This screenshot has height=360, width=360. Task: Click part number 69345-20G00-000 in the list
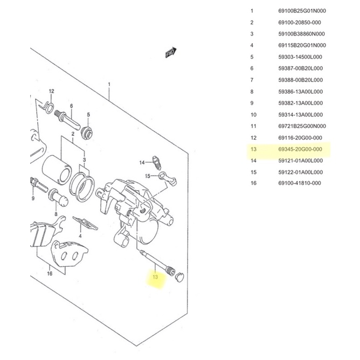click(x=300, y=149)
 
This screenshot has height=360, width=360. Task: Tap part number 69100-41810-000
click(x=300, y=183)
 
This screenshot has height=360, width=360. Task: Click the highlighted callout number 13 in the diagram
click(x=156, y=278)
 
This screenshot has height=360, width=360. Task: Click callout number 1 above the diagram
click(x=109, y=85)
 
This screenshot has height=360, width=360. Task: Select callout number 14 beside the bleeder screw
click(x=142, y=162)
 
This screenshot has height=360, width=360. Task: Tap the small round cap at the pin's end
click(x=179, y=276)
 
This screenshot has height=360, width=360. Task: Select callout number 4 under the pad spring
click(x=79, y=236)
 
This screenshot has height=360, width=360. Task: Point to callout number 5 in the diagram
click(x=89, y=115)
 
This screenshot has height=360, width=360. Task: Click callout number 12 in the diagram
click(x=52, y=91)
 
